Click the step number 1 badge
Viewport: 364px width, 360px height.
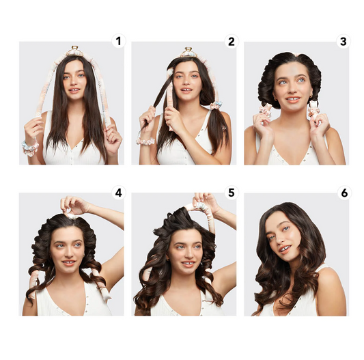pos(119,42)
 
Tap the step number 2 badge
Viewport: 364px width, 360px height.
pos(231,42)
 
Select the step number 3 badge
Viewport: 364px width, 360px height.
pos(343,42)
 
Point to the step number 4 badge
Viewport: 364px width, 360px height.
pos(119,193)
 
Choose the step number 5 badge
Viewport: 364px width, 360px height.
pos(231,193)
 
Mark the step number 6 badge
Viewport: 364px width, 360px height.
pos(343,193)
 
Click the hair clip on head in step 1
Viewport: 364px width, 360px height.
pos(74,51)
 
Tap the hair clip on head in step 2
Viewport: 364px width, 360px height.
pos(187,53)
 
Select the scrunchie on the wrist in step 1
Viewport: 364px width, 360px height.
pos(30,147)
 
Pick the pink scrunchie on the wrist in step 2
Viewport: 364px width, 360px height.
pos(145,141)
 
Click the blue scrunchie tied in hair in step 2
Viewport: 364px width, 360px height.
pos(216,105)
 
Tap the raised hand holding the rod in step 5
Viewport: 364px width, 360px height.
pos(203,202)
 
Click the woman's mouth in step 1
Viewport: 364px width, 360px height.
pos(74,90)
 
